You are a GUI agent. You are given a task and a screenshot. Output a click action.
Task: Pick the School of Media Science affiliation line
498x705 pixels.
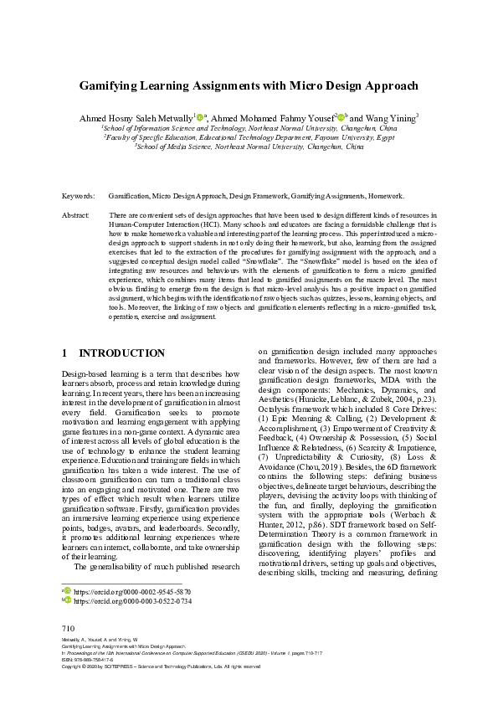pyautogui.click(x=249, y=147)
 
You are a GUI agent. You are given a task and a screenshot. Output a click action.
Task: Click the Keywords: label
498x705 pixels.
pyautogui.click(x=79, y=196)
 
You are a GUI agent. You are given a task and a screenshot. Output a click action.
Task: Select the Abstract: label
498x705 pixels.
pyautogui.click(x=76, y=215)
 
